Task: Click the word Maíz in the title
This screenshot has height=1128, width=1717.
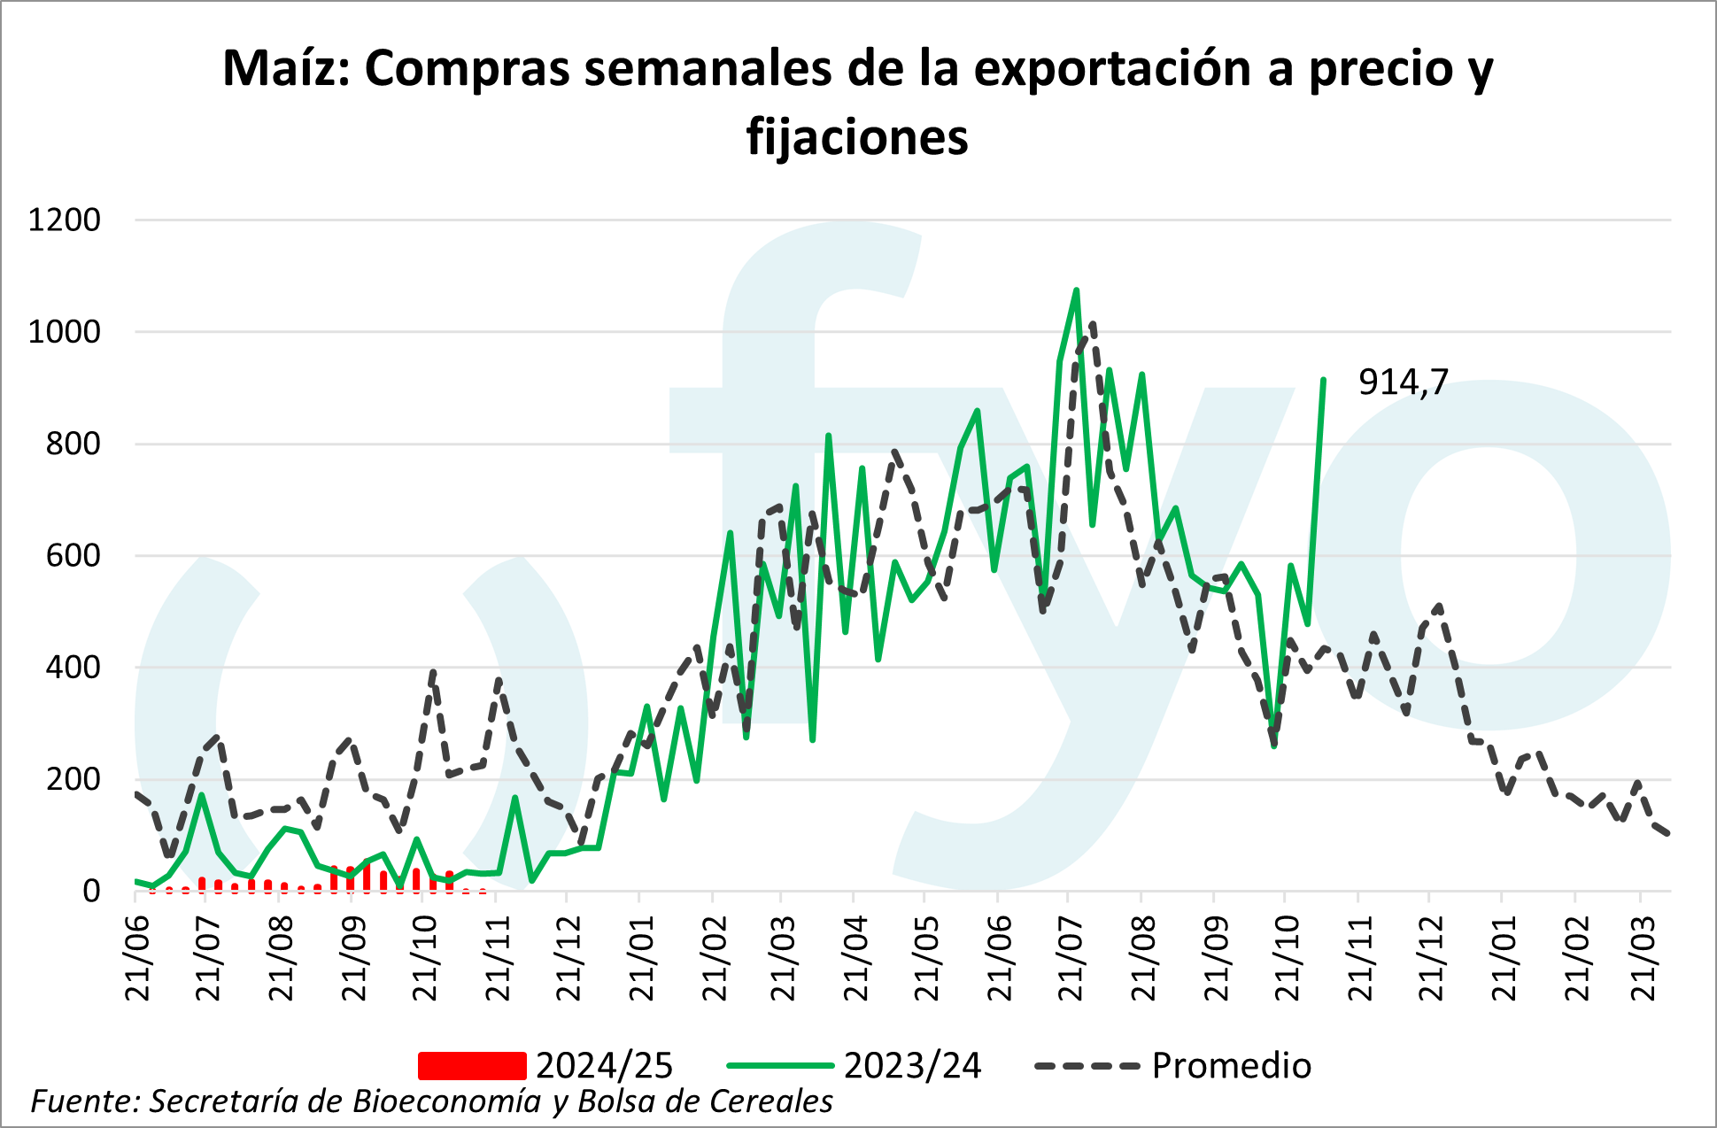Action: point(285,69)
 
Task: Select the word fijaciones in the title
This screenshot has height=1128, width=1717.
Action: point(857,137)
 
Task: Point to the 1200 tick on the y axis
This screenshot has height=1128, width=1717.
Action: point(64,220)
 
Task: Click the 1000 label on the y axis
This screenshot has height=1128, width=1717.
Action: point(64,332)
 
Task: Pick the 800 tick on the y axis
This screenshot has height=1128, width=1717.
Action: point(73,444)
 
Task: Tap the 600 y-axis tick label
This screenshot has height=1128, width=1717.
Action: point(73,555)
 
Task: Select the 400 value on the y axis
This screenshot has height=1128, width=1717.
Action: point(73,667)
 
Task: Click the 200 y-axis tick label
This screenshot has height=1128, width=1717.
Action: point(73,779)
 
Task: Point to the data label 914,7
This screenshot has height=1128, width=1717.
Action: point(1403,382)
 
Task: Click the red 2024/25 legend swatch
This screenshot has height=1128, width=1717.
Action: point(472,1065)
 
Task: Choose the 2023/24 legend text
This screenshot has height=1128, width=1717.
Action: point(912,1065)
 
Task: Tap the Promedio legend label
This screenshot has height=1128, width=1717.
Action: point(1231,1065)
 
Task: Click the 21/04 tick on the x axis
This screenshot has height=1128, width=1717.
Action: point(855,958)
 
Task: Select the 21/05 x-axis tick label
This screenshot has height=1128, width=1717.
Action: point(926,958)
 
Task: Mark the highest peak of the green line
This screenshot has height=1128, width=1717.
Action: point(1076,290)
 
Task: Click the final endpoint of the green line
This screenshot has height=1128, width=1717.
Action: point(1323,380)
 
